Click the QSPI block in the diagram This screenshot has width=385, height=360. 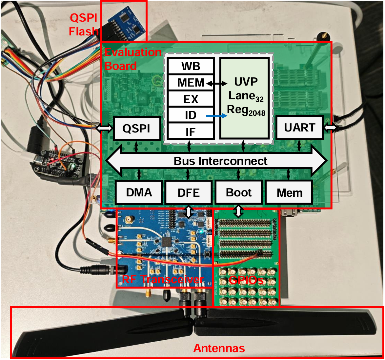point(137,128)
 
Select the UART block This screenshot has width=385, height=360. point(299,128)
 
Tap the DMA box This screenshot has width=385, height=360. point(139,192)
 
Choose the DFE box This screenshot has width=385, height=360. point(188,192)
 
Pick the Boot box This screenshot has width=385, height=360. point(238,192)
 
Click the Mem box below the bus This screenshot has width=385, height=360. point(289,192)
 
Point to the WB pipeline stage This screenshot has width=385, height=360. point(191,66)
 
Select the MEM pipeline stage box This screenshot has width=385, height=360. point(191,83)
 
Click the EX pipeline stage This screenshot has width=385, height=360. point(191,99)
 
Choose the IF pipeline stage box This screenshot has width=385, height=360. point(191,131)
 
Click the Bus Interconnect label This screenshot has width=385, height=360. point(220,161)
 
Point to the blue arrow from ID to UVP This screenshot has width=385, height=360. point(216,116)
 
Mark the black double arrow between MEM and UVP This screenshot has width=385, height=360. point(217,84)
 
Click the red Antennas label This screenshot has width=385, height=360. point(219,348)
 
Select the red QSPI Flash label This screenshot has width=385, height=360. point(84,24)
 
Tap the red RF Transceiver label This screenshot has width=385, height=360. point(163,280)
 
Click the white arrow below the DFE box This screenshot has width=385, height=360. point(189,212)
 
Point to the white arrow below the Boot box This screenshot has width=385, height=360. point(239,211)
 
